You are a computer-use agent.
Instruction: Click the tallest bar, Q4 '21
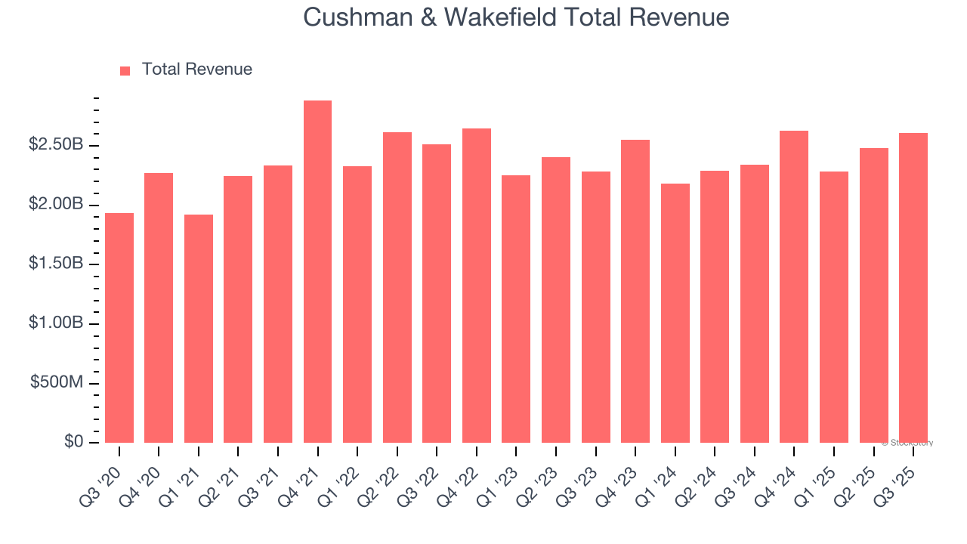click(x=317, y=272)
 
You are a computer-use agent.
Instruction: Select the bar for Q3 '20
click(x=119, y=328)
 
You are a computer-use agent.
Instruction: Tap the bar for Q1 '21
click(x=199, y=329)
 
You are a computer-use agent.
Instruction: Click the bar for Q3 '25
click(x=913, y=288)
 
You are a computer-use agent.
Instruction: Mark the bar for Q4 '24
click(x=794, y=287)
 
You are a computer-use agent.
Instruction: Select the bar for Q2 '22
click(x=397, y=287)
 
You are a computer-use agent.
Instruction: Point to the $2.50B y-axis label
click(x=56, y=144)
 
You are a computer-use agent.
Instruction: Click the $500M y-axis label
click(x=57, y=383)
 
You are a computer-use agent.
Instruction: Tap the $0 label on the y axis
click(x=73, y=442)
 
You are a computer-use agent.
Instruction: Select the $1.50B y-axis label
click(x=56, y=264)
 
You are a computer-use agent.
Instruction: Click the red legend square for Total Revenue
click(x=125, y=70)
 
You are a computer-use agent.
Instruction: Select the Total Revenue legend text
click(x=196, y=70)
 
